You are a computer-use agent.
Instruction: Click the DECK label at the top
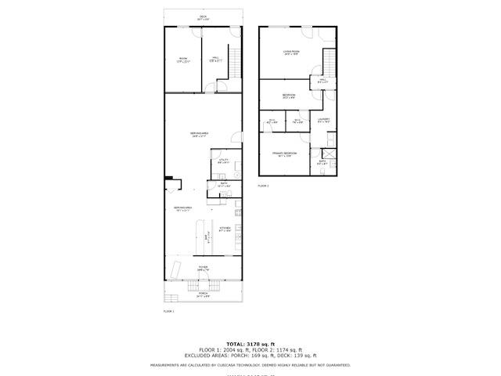[x=203, y=17]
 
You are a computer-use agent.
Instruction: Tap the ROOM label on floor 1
[x=183, y=60]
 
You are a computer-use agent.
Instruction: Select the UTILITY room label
[x=223, y=161]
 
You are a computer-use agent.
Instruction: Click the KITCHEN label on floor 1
[x=225, y=230]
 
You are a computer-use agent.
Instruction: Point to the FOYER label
[x=203, y=268]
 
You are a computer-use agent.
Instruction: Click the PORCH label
[x=203, y=295]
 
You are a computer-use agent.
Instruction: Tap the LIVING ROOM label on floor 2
[x=291, y=53]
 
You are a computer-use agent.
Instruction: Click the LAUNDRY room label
[x=324, y=121]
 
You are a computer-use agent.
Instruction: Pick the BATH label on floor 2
[x=322, y=163]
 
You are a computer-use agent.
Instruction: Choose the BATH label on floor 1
[x=223, y=185]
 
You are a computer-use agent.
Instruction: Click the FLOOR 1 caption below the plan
[x=168, y=311]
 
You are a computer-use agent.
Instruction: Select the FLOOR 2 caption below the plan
[x=263, y=186]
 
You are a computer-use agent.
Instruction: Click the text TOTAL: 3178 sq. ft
[x=250, y=344]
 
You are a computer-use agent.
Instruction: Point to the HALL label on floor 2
[x=323, y=81]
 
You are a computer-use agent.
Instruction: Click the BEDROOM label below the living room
[x=289, y=96]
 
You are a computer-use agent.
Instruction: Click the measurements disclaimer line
[x=250, y=365]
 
